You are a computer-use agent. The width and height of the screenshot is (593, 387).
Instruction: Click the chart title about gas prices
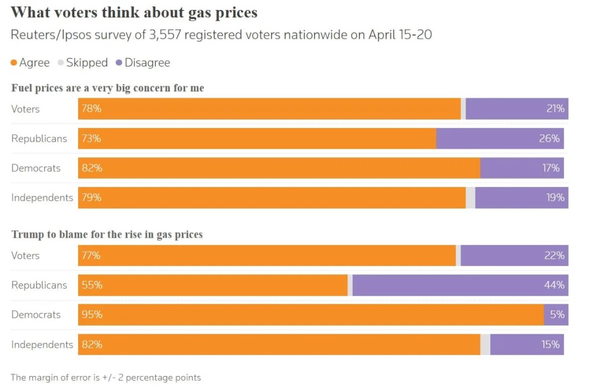pos(134,12)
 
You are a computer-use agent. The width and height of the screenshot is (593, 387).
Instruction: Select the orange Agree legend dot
pos(14,62)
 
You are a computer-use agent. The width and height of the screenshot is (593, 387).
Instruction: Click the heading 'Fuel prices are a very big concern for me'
pos(108,88)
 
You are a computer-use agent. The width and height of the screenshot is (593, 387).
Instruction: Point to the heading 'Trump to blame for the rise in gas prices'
pos(107,235)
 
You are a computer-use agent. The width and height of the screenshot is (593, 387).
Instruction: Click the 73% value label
pos(91,138)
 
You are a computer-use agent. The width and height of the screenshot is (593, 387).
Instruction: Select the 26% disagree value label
pos(550,138)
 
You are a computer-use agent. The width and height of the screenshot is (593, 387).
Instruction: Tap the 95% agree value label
pos(91,315)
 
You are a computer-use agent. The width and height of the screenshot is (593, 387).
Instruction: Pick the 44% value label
pos(554,285)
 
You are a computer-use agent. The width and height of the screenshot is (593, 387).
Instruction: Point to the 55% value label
pos(91,285)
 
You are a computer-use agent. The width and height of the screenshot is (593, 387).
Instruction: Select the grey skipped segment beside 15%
pos(485,344)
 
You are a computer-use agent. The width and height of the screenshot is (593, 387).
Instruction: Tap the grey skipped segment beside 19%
pos(471,197)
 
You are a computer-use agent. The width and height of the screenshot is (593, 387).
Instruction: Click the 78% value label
pos(91,109)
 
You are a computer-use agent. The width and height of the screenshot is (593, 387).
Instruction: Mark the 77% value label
pos(91,255)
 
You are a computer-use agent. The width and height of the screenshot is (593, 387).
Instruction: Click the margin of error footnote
pos(106,377)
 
